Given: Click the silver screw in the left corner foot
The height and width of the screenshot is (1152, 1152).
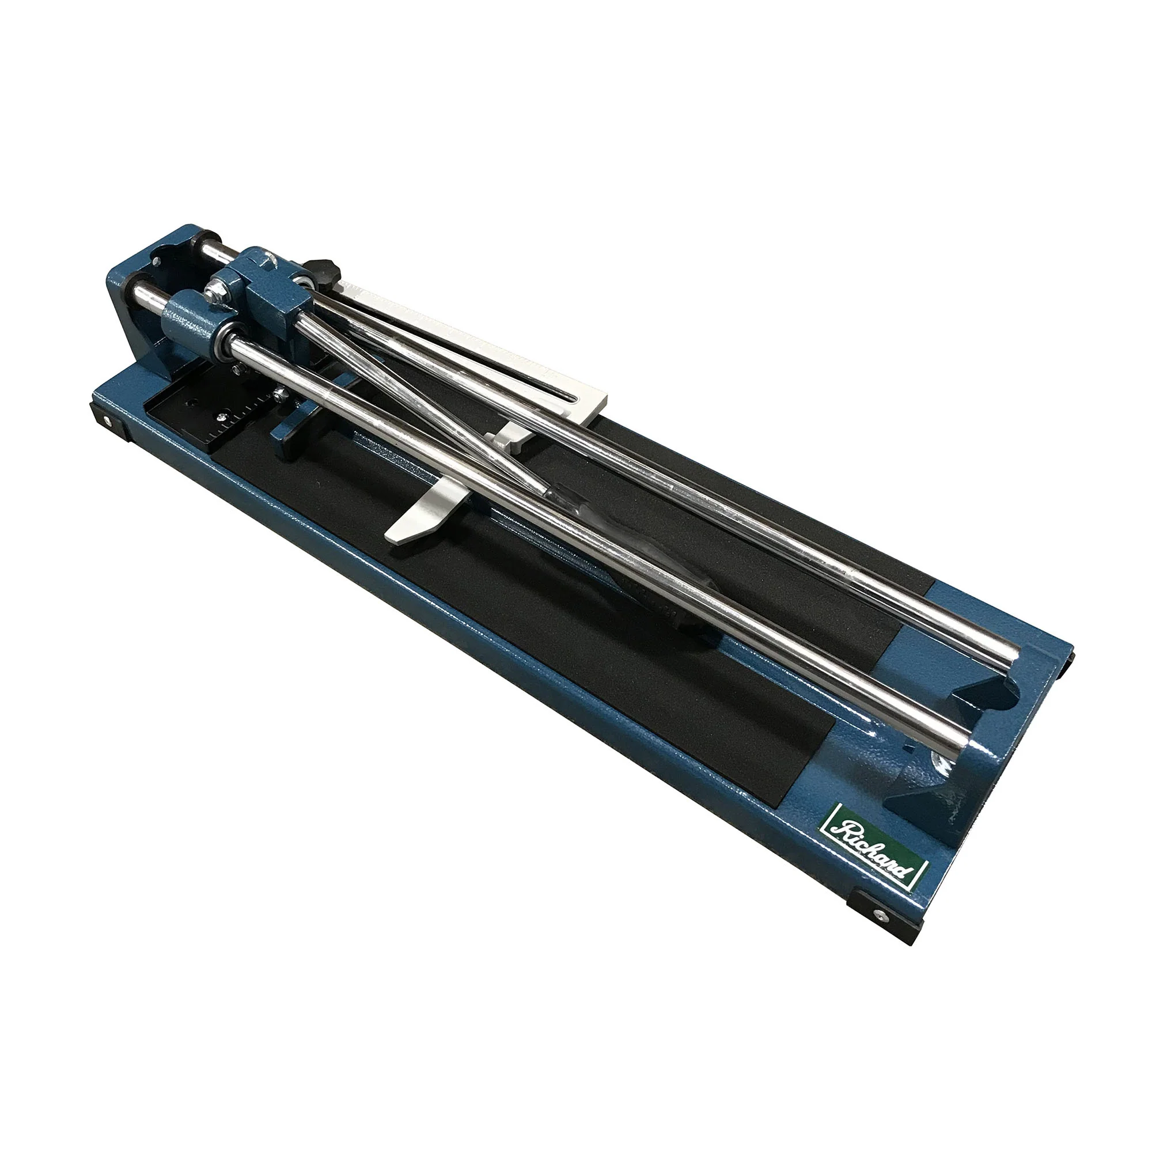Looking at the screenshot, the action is point(108,422).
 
